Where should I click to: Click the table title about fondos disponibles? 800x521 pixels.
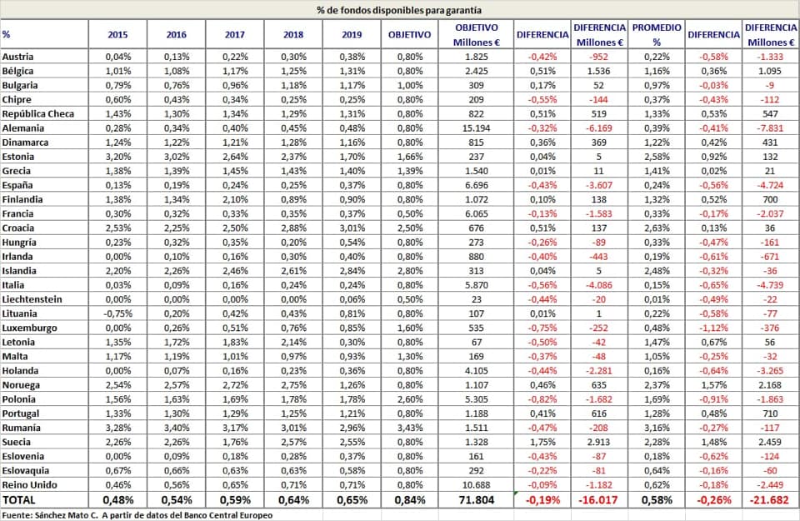tap(399, 10)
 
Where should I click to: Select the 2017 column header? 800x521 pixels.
tap(235, 35)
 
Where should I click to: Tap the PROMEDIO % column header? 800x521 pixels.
tap(657, 35)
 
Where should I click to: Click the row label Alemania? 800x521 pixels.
tap(23, 128)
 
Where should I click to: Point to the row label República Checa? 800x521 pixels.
tap(38, 114)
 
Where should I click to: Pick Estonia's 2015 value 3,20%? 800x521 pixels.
tap(117, 157)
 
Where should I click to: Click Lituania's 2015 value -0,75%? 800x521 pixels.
tap(117, 313)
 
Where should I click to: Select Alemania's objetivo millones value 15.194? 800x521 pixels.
tap(476, 128)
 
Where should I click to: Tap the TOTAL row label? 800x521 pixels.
tap(19, 500)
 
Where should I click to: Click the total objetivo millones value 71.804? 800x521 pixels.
tap(476, 500)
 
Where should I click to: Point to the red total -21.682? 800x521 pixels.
tap(769, 500)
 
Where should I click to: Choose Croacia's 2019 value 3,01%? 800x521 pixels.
tap(352, 228)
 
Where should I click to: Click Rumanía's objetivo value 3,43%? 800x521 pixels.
tap(410, 428)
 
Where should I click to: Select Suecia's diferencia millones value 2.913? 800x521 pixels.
tap(598, 442)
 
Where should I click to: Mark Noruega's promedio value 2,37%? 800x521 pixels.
tap(657, 385)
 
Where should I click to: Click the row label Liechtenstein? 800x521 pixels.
tap(32, 299)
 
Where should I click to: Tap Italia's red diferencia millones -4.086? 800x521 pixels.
tap(598, 285)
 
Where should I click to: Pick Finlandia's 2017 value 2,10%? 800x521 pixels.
tap(235, 199)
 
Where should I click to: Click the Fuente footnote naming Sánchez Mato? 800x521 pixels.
tap(137, 515)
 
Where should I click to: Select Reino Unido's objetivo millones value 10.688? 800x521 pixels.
tap(476, 485)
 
